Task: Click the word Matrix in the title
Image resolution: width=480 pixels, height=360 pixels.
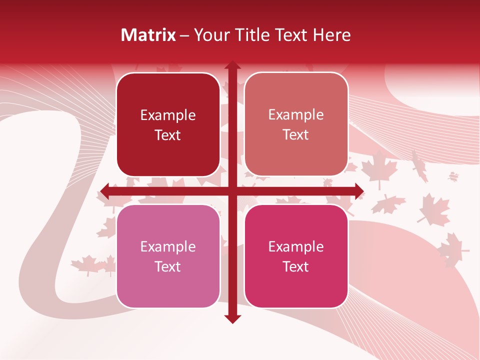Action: coord(148,35)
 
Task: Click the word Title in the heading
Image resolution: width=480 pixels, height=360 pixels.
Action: coord(248,35)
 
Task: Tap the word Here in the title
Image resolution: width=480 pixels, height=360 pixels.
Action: coord(331,35)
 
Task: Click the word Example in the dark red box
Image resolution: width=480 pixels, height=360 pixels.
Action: coord(168,115)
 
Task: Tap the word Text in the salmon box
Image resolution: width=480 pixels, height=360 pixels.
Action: coord(296,135)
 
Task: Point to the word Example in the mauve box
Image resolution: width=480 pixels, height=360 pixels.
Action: coord(168,247)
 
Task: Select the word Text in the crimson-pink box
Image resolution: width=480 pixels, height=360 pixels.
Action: coord(296,266)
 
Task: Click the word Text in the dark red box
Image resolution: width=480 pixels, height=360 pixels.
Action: coord(168,135)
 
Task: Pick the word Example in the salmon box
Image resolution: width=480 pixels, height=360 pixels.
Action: coord(296,115)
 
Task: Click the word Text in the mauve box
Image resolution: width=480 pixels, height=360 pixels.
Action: coord(168,266)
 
